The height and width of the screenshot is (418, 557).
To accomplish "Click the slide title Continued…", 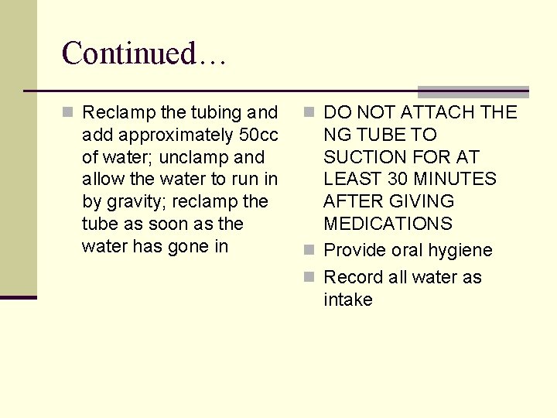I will (143, 53).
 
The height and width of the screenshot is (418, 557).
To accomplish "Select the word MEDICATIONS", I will (388, 224).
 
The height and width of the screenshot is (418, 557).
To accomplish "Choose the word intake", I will (348, 300).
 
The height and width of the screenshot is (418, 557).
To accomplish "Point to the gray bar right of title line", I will (473, 91).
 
